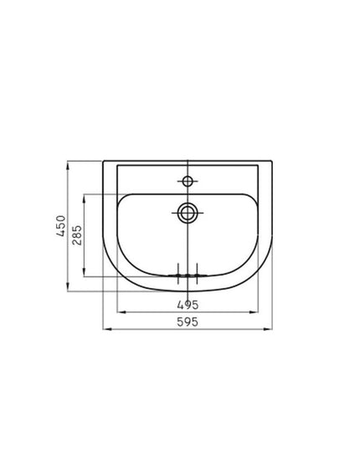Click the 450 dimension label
pyautogui.click(x=61, y=225)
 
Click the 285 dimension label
pyautogui.click(x=77, y=235)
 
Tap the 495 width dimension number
pyautogui.click(x=188, y=305)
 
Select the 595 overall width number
pyautogui.click(x=188, y=322)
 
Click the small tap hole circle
pyautogui.click(x=188, y=181)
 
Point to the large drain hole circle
pyautogui.click(x=188, y=213)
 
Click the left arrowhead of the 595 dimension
pyautogui.click(x=107, y=329)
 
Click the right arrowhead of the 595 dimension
pyautogui.click(x=268, y=329)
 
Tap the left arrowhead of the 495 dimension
pyautogui.click(x=122, y=312)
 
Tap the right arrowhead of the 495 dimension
pyautogui.click(x=254, y=312)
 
